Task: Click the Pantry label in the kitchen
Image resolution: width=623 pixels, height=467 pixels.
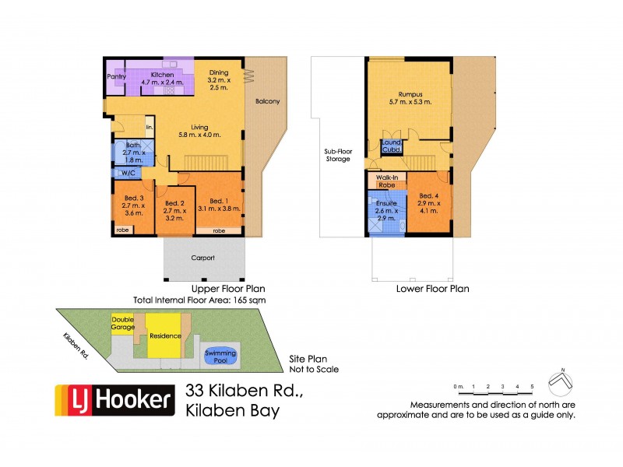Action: coord(117,76)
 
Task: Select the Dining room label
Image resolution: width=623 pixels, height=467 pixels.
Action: coord(219,76)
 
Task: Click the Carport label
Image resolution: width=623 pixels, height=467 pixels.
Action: coord(202,258)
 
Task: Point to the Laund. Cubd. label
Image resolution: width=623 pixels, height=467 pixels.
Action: coord(391,148)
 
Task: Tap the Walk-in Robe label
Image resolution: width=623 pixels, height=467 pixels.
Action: coord(387,181)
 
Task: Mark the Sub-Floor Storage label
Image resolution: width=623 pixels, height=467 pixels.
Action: coord(337,155)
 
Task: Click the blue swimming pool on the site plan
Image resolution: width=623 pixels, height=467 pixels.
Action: coord(220,356)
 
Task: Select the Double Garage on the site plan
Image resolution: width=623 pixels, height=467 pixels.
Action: coord(122,323)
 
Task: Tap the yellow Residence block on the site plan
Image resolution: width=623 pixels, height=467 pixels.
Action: coord(165,335)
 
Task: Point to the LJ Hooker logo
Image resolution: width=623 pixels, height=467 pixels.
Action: coord(113,401)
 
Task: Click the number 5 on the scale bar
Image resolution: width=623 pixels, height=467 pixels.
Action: coord(532,387)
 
